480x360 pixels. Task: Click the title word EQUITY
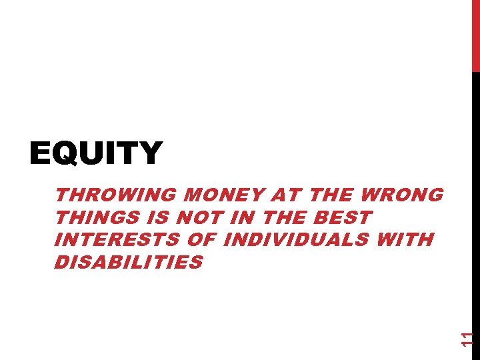pyautogui.click(x=96, y=153)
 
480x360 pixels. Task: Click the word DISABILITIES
pyautogui.click(x=128, y=262)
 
